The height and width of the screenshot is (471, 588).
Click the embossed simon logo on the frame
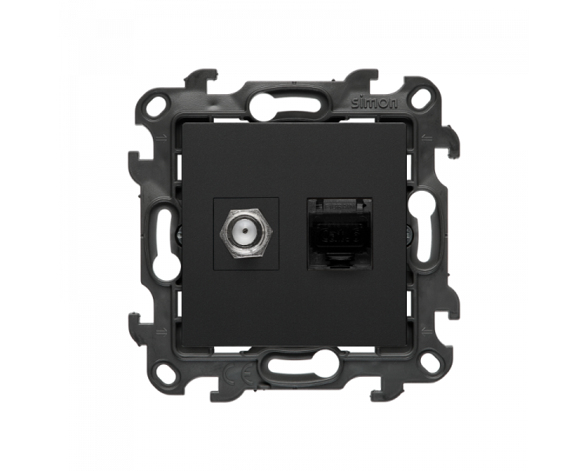click(x=374, y=103)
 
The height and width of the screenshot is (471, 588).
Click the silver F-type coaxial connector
click(x=246, y=234)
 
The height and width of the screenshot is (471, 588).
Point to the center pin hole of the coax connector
click(x=245, y=232)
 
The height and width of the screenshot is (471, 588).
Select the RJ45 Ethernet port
click(x=339, y=234)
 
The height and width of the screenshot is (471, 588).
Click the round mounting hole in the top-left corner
click(x=158, y=101)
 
